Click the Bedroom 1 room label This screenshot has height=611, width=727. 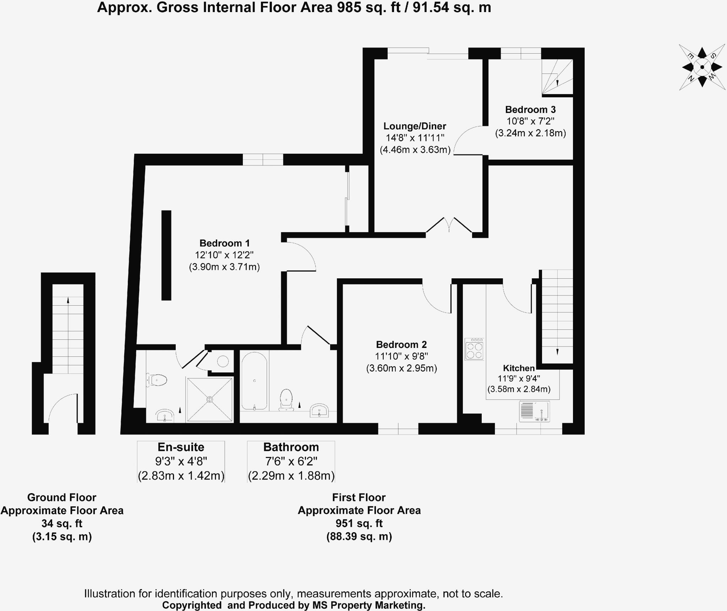[x=224, y=243]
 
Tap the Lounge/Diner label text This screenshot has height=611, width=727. [x=415, y=126]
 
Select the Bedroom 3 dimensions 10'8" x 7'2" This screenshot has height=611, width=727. [x=530, y=121]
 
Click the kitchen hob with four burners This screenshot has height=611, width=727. [x=474, y=349]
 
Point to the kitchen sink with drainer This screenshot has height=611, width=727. [x=534, y=411]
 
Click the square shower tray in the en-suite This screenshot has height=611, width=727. [x=210, y=400]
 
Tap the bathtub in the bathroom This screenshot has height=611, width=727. [x=254, y=381]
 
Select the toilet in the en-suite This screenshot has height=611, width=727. [x=157, y=380]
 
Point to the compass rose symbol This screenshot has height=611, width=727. [x=702, y=67]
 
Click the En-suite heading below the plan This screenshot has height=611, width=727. [x=181, y=447]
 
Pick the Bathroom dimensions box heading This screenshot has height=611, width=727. [x=291, y=447]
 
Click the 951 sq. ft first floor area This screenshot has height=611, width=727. [x=359, y=523]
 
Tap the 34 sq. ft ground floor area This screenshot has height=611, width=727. [x=62, y=523]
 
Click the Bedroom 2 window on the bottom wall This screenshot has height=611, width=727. [x=398, y=429]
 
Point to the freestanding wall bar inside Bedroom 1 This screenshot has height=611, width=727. [x=166, y=255]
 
